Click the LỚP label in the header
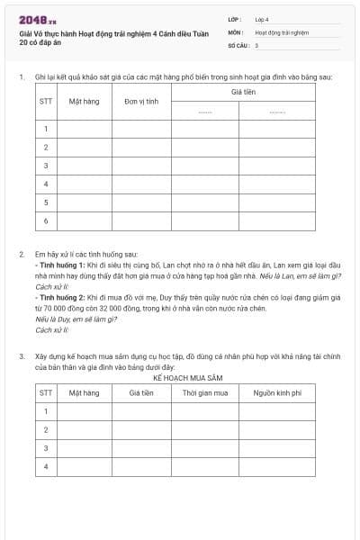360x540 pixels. pyautogui.click(x=235, y=19)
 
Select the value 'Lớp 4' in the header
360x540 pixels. pyautogui.click(x=262, y=19)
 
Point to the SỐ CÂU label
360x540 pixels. pyautogui.click(x=238, y=44)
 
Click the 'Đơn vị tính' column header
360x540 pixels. pyautogui.click(x=141, y=102)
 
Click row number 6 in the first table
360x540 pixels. pyautogui.click(x=46, y=220)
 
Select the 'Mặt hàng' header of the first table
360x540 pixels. pyautogui.click(x=84, y=102)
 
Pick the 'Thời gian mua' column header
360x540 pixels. pyautogui.click(x=205, y=392)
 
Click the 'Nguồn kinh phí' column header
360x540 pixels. pyautogui.click(x=277, y=392)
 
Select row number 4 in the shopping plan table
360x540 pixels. pyautogui.click(x=46, y=467)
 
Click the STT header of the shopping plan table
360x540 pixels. pyautogui.click(x=46, y=392)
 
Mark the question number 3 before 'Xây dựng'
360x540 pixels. pyautogui.click(x=22, y=356)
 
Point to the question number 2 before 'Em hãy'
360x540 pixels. pyautogui.click(x=22, y=255)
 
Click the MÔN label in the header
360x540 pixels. pyautogui.click(x=236, y=31)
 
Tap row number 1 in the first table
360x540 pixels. pyautogui.click(x=46, y=129)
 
